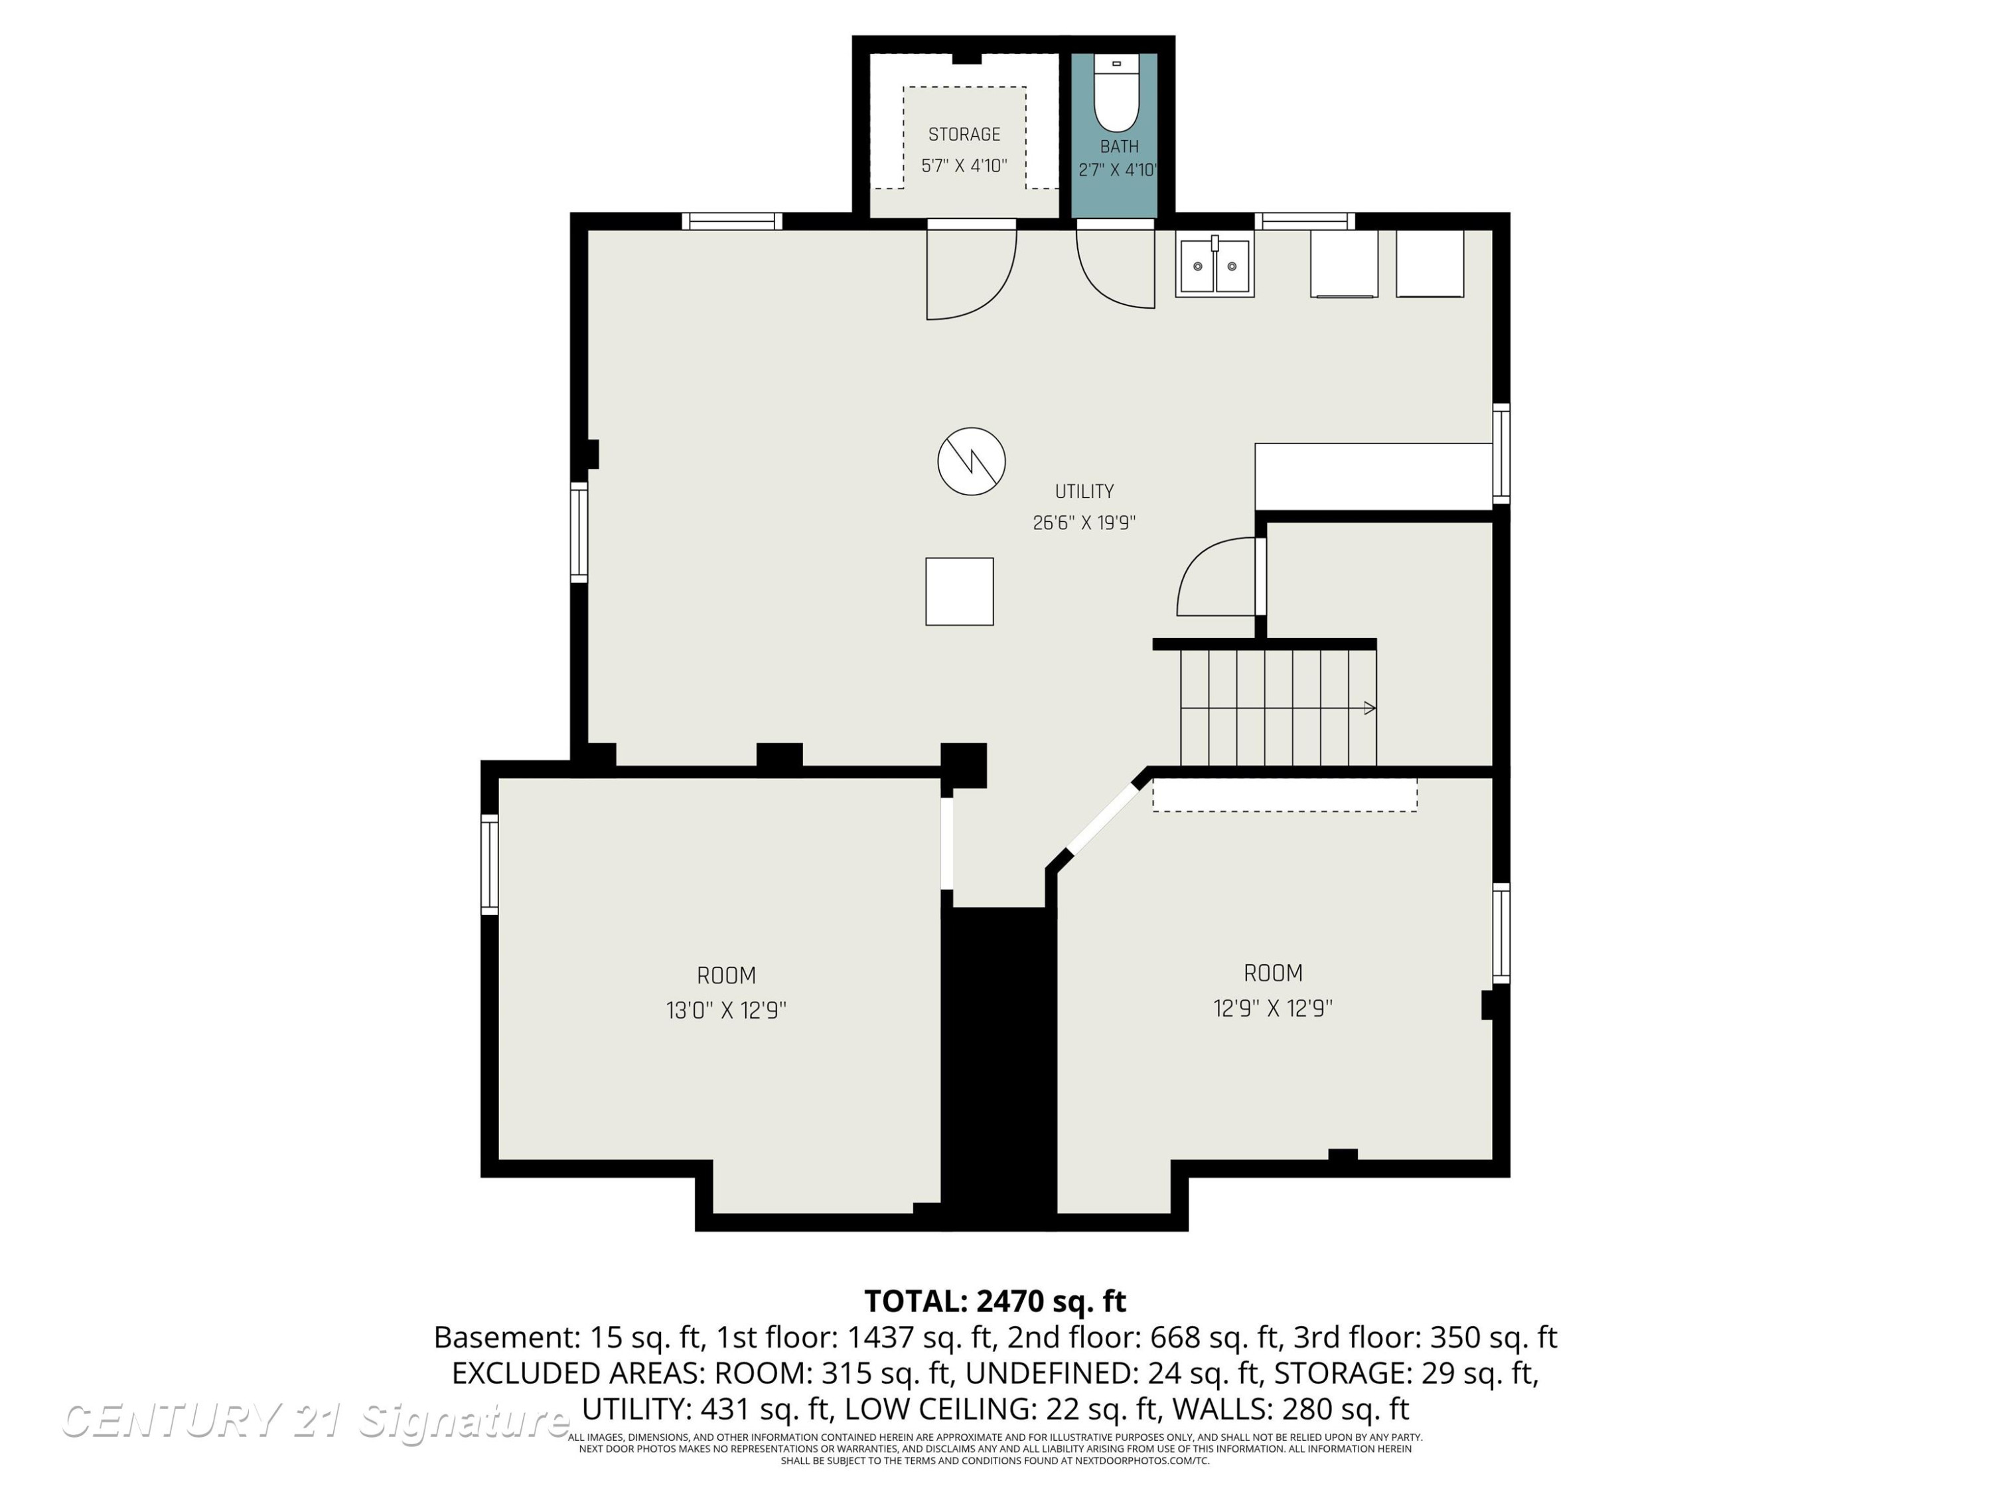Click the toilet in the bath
point(1117,93)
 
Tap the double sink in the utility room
point(1215,266)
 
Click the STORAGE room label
point(964,134)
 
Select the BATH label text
point(1119,146)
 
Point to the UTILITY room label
point(1084,491)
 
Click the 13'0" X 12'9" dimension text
point(726,1011)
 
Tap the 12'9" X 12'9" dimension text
point(1273,1008)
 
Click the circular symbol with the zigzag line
point(971,461)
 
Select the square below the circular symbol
point(960,591)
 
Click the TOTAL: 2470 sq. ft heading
point(995,1301)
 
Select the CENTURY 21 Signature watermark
point(315,1420)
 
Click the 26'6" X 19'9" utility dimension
point(1084,523)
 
